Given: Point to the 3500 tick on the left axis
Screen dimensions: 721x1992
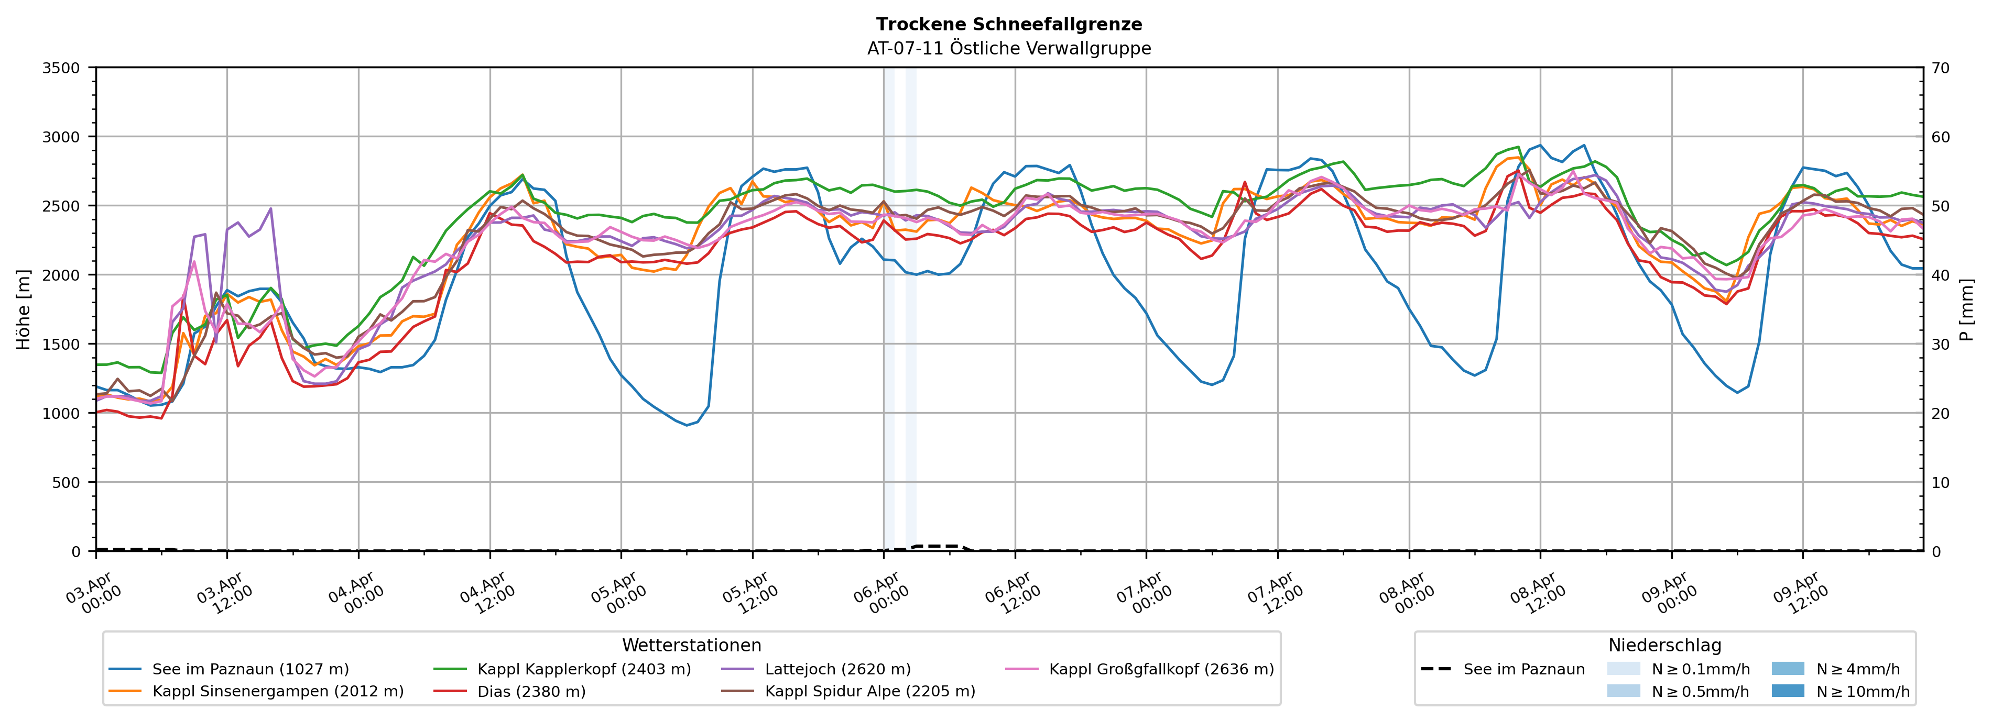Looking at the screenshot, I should (60, 68).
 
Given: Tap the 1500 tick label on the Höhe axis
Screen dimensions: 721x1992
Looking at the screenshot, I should (60, 345).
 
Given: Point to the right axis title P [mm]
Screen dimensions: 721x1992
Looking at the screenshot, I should (1966, 309).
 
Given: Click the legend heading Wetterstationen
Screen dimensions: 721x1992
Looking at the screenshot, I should (691, 645).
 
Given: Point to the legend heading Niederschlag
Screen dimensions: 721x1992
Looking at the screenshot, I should (1664, 645).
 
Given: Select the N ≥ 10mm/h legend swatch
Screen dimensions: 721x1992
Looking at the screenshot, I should (1787, 691).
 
